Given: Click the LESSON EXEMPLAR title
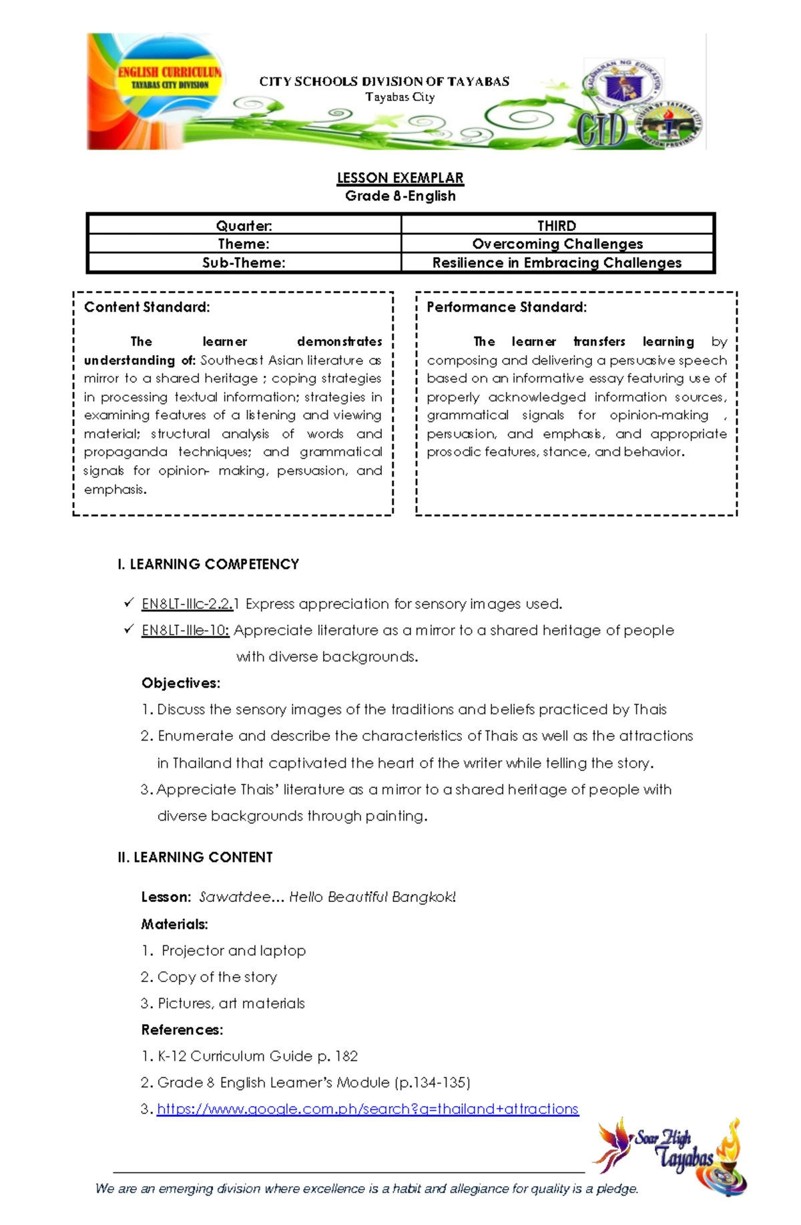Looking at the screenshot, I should tap(400, 178).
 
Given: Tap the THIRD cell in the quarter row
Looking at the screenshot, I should tap(557, 226).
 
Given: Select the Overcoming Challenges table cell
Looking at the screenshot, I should tap(557, 244).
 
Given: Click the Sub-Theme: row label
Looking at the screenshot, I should tap(244, 262).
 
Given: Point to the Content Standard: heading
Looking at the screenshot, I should tap(147, 307).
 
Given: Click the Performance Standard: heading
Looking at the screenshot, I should tap(507, 307).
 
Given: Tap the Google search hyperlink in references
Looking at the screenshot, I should tap(367, 1109).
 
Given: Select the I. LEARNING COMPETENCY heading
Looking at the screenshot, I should tap(208, 564).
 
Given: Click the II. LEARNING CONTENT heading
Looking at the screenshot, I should tap(195, 857).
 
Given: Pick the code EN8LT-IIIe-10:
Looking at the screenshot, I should tap(186, 630).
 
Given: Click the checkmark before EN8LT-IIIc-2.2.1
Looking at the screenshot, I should tap(128, 603).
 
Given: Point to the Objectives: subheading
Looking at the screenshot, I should tap(180, 683).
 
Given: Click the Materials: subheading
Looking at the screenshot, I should tap(174, 924).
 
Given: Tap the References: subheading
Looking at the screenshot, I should tap(182, 1029).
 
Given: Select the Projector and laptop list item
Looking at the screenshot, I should tap(233, 951).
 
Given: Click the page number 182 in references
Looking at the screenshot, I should tap(346, 1056).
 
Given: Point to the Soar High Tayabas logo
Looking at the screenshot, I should tap(671, 1155).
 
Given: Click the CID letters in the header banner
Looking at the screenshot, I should tap(601, 130).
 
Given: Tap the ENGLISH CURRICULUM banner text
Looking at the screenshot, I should tap(170, 72).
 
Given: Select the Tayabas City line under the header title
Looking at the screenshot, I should tap(400, 97).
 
